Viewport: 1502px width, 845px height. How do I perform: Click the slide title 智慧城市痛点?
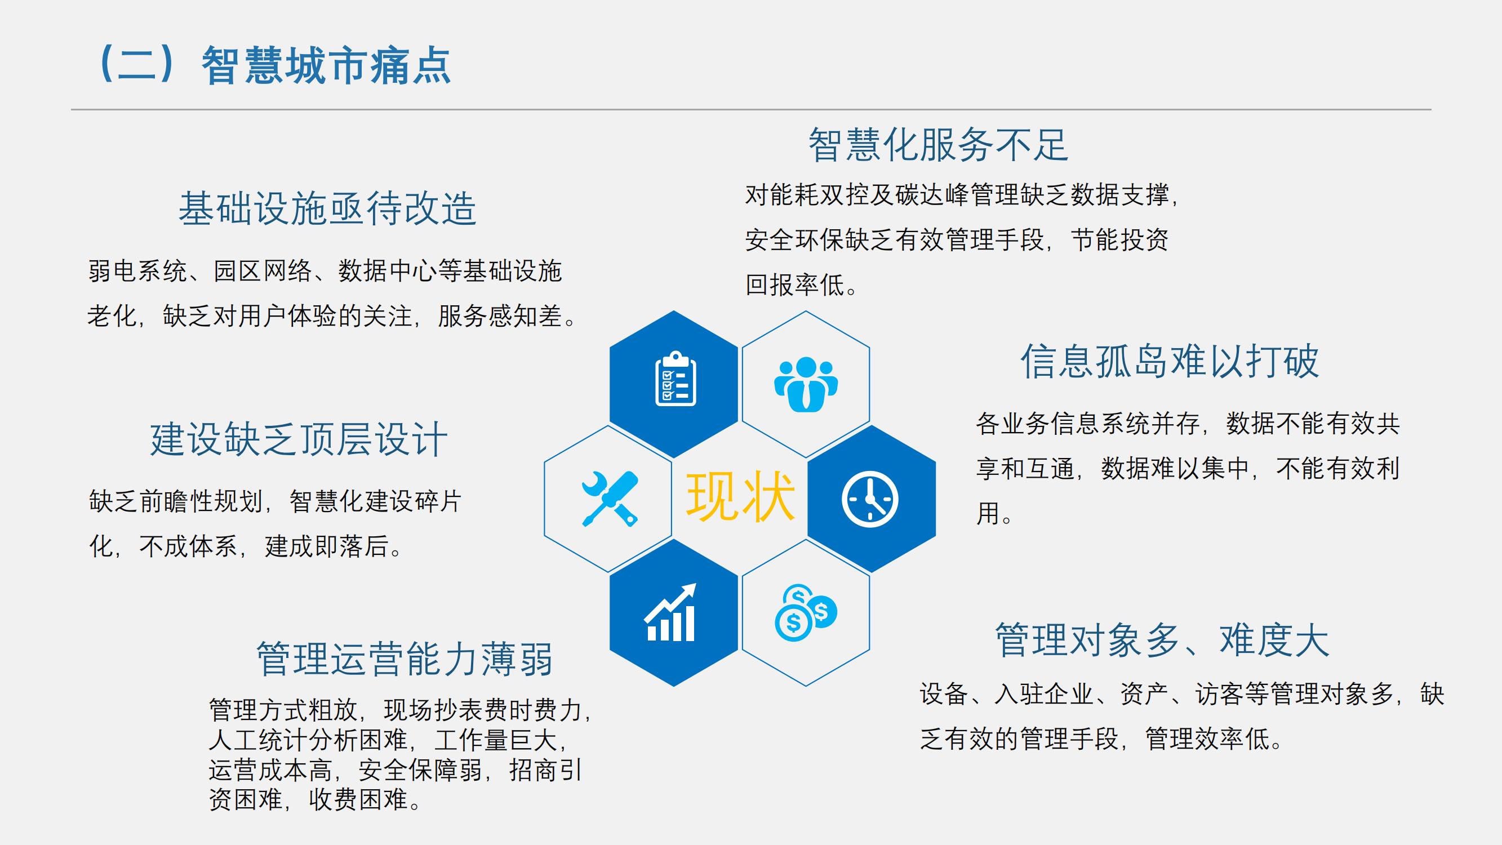pos(327,65)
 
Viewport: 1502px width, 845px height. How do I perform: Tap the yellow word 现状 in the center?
pos(740,496)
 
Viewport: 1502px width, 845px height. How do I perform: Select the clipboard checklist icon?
pos(676,379)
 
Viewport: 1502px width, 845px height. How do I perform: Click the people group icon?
pos(806,384)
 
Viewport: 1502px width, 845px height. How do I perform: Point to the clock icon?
pos(870,499)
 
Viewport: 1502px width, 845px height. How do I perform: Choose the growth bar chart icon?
pos(670,612)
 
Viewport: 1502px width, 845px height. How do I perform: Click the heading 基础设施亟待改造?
pos(328,208)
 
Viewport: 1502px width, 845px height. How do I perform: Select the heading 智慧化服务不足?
pos(938,145)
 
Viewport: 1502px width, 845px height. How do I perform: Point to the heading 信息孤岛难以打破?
pos(1170,361)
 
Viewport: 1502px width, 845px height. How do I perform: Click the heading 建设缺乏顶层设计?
pos(299,439)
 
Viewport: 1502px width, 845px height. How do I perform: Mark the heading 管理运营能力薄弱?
pos(405,659)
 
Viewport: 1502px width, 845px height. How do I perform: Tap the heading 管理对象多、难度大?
pos(1162,640)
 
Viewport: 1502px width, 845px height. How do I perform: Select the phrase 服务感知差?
pos(500,316)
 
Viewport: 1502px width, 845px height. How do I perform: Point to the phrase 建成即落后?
pos(327,546)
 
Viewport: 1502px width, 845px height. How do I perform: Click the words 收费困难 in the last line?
pos(358,799)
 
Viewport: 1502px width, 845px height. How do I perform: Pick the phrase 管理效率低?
pos(1207,739)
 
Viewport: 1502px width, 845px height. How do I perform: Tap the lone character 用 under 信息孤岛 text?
pos(988,514)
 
